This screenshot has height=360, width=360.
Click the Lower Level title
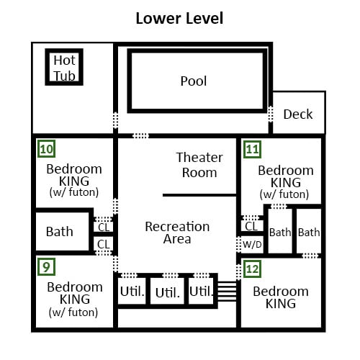click(179, 19)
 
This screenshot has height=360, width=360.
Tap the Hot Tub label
click(64, 68)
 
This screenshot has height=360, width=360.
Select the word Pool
click(194, 81)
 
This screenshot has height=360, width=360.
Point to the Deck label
click(298, 114)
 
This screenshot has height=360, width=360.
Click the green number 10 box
click(47, 149)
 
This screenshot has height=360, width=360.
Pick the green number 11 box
click(252, 150)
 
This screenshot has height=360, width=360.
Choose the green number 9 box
click(47, 267)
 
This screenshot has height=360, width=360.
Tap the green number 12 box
click(252, 269)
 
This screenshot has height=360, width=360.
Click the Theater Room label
click(199, 165)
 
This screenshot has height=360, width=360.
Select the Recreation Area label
click(177, 233)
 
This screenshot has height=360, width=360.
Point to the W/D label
click(252, 245)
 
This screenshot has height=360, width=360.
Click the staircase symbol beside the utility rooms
click(227, 291)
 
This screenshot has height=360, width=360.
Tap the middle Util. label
click(168, 292)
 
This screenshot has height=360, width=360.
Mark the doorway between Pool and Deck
click(271, 114)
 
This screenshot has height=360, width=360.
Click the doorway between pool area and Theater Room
click(140, 136)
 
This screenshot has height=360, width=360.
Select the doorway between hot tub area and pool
click(115, 120)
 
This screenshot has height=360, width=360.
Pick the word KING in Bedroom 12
click(281, 303)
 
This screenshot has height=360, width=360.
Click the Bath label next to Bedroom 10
click(60, 232)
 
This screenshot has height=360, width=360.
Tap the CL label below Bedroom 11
click(251, 226)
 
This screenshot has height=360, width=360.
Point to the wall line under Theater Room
click(199, 195)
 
